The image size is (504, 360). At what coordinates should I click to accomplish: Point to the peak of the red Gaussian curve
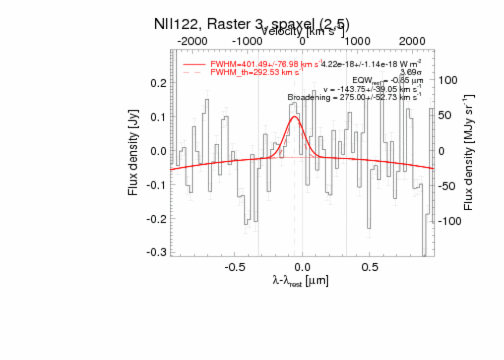click(294, 116)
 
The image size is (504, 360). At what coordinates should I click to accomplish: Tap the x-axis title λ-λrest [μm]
click(300, 281)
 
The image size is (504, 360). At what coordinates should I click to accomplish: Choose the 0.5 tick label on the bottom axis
click(369, 266)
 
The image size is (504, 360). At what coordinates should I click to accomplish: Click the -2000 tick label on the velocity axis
click(193, 41)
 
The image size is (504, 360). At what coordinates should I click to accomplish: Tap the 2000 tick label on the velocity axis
click(412, 41)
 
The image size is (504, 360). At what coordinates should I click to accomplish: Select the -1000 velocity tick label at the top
click(247, 41)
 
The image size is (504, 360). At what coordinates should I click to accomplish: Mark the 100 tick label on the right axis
click(448, 80)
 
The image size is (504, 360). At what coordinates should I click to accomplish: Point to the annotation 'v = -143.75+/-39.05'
click(372, 89)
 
